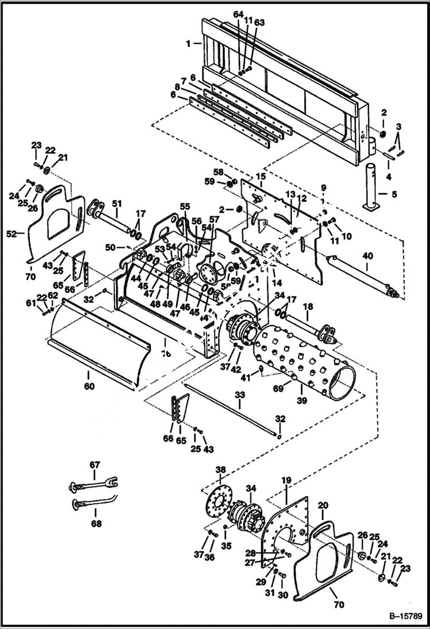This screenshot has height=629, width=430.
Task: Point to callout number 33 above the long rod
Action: (x=240, y=395)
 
